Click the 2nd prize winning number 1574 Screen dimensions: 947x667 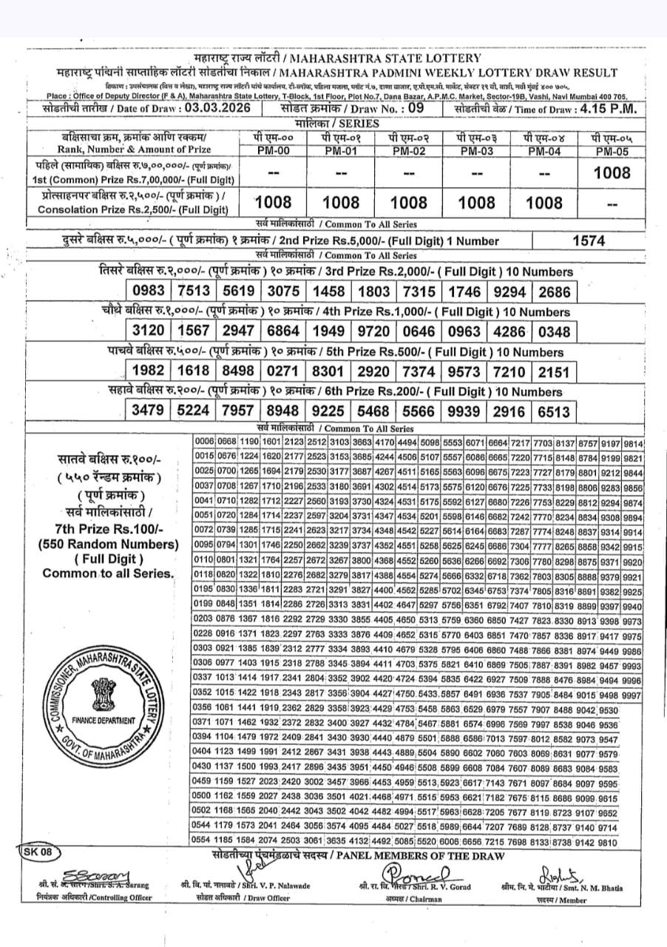[x=589, y=240]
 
